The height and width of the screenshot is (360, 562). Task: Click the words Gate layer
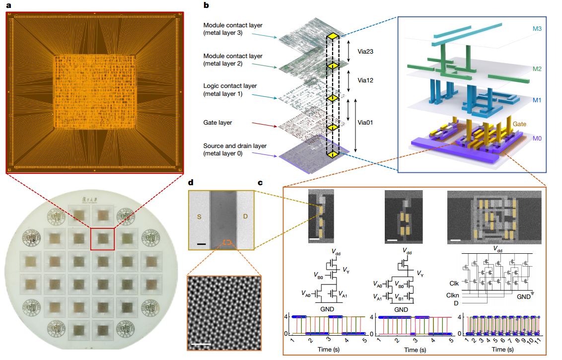218,123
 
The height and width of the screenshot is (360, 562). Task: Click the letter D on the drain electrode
245,216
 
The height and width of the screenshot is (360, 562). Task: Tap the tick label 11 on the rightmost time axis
538,342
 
